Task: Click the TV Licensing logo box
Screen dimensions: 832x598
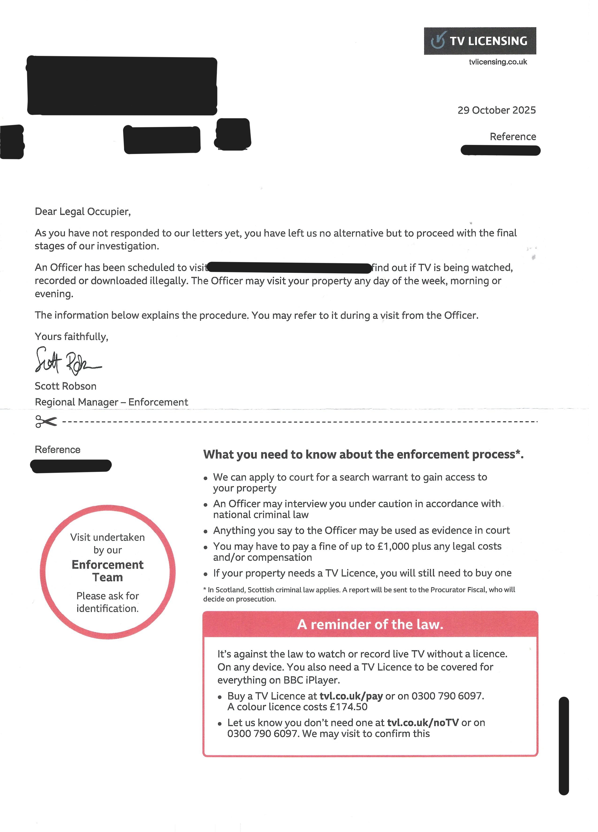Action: point(480,41)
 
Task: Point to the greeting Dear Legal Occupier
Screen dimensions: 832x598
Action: point(83,212)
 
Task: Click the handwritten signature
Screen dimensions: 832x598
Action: point(68,361)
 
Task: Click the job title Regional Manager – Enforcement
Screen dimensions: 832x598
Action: point(111,402)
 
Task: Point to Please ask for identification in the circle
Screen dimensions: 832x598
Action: point(107,602)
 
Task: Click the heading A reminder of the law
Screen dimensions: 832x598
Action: point(370,624)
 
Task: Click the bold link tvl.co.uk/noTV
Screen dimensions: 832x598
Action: point(423,723)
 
